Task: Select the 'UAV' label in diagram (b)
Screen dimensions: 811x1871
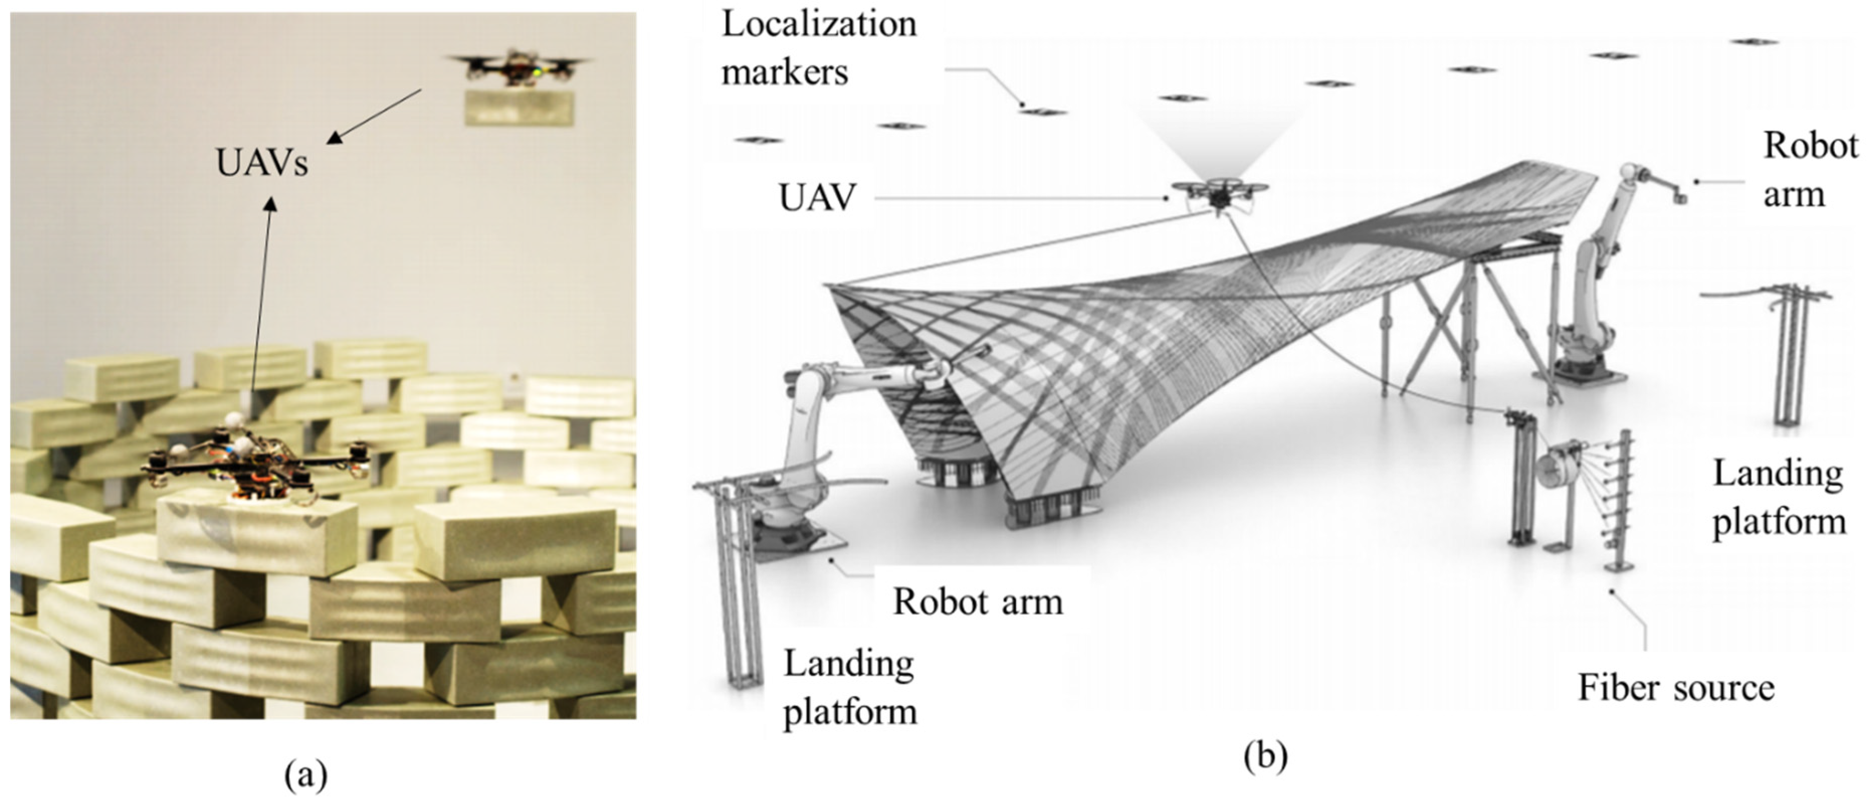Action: coord(817,197)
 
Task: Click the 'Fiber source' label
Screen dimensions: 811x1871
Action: coord(1676,687)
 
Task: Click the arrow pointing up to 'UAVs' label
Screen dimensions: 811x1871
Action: coord(261,290)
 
